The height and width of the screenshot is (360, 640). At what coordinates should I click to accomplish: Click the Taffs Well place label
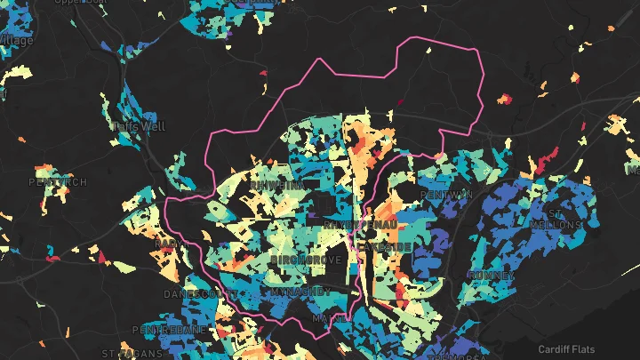pyautogui.click(x=139, y=126)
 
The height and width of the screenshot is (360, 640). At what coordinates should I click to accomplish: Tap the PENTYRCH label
pyautogui.click(x=58, y=182)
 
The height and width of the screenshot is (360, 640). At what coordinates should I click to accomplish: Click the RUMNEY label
pyautogui.click(x=491, y=276)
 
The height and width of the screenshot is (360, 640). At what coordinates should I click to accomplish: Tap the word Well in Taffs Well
pyautogui.click(x=152, y=126)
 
